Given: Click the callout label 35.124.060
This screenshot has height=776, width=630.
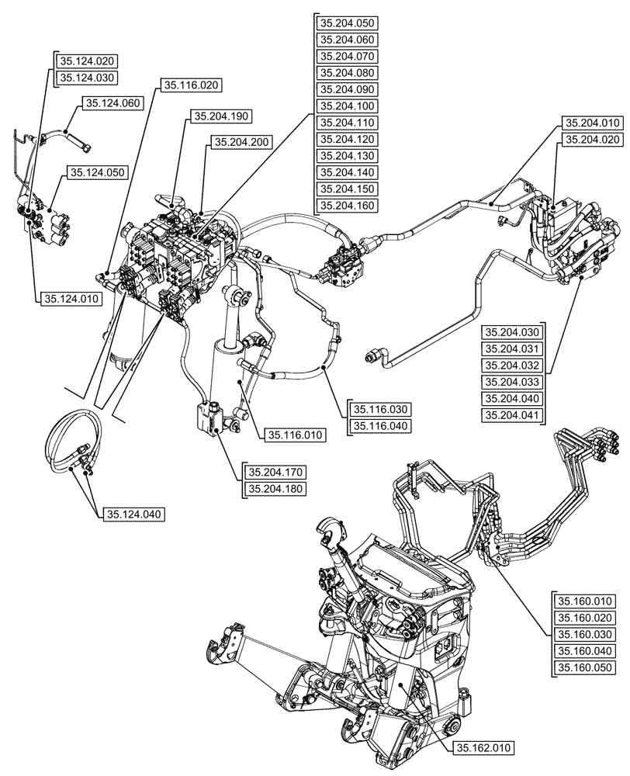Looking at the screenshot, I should (x=112, y=102).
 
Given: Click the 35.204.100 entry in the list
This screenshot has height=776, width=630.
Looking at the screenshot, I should (x=347, y=106).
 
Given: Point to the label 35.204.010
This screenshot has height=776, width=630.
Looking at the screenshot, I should (x=592, y=123).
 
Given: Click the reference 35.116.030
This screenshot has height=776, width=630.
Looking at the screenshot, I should (x=380, y=409).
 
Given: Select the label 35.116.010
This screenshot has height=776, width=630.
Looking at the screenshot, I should (x=293, y=435).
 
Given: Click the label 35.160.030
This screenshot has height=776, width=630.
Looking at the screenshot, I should (x=583, y=634).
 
